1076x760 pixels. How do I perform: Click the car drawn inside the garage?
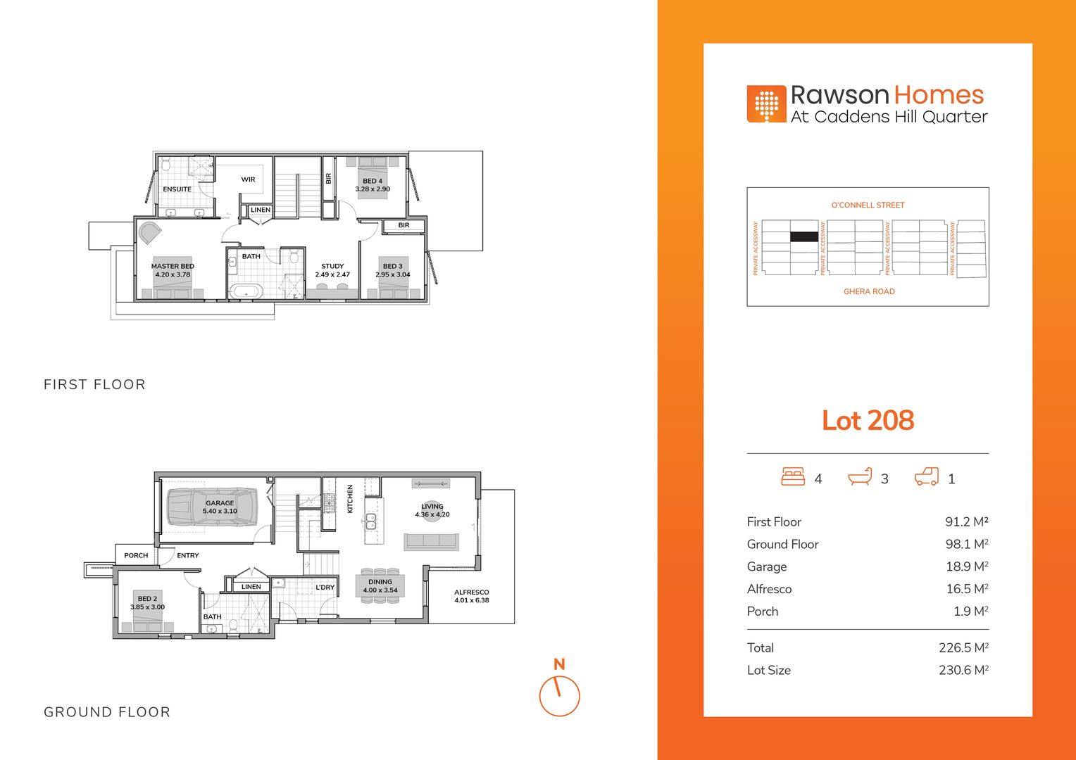(x=211, y=507)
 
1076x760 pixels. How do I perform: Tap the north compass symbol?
(x=560, y=690)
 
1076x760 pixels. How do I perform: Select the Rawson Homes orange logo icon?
(x=766, y=103)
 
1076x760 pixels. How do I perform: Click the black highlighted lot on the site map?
(x=804, y=236)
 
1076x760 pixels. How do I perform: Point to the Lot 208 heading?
(x=868, y=420)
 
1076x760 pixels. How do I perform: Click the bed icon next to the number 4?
(x=793, y=476)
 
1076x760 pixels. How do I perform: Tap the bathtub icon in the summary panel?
(x=860, y=476)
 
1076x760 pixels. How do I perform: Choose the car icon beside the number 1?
(x=927, y=476)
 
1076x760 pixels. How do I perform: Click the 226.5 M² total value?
(x=963, y=647)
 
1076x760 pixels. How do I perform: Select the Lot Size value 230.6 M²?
(x=963, y=670)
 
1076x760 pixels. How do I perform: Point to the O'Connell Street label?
(x=868, y=205)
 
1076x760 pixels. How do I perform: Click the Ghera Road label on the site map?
(x=869, y=291)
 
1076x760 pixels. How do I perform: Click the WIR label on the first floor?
(x=248, y=179)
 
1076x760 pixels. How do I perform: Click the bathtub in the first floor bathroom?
(x=246, y=291)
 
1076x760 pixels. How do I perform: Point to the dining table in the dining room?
(x=380, y=585)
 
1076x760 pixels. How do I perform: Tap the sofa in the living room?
(x=432, y=542)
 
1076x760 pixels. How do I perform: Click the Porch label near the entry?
(x=136, y=555)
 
